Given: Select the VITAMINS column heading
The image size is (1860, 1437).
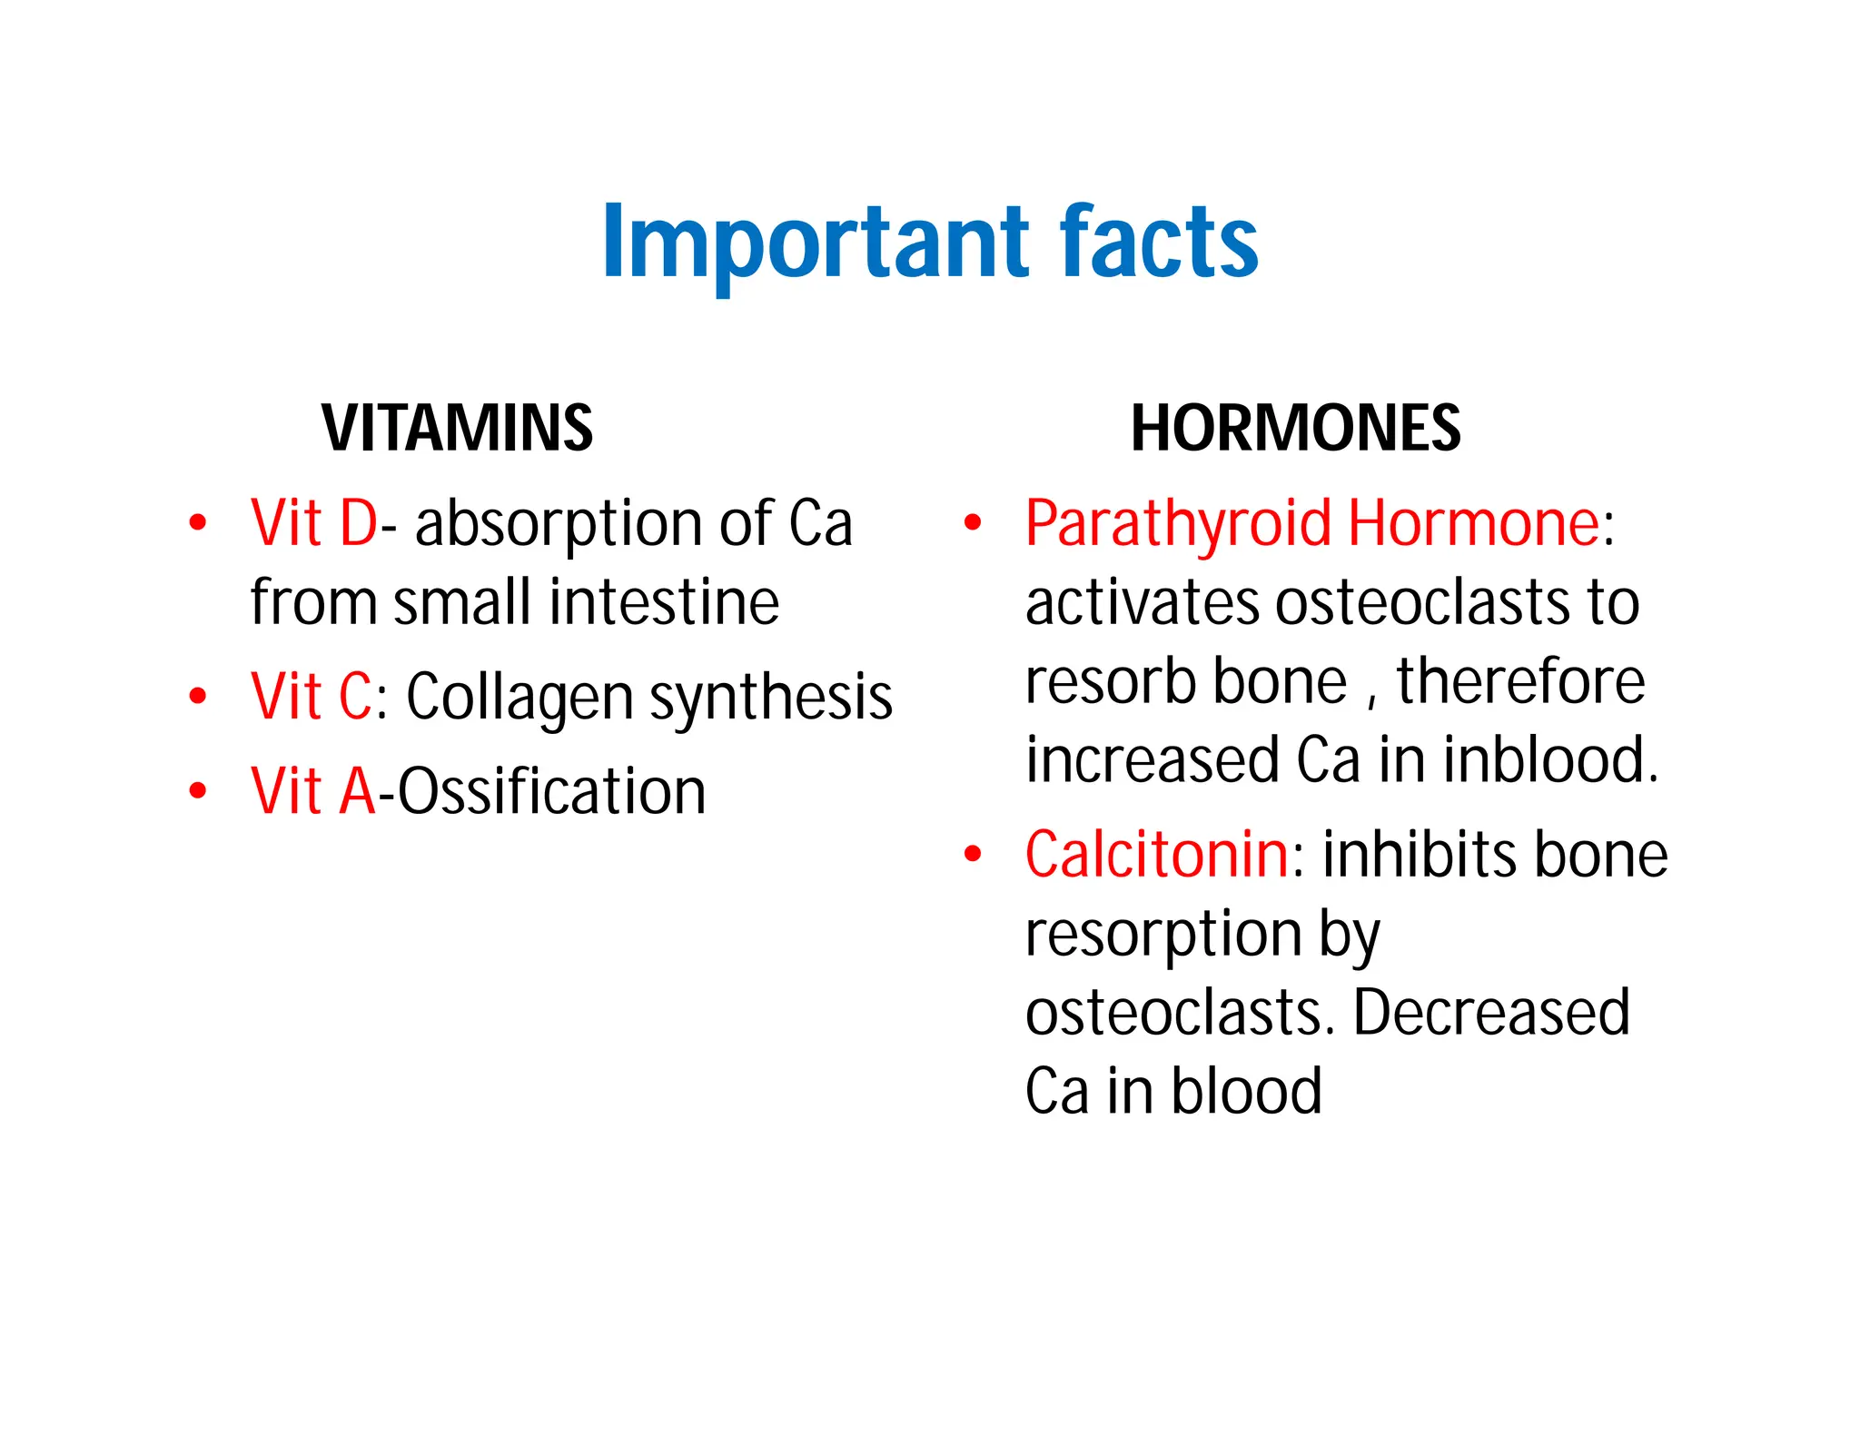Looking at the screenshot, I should pyautogui.click(x=458, y=428).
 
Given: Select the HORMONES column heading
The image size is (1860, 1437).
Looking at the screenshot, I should pyautogui.click(x=1295, y=428).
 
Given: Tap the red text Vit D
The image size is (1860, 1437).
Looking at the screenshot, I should pyautogui.click(x=313, y=524).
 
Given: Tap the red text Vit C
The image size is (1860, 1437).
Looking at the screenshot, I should pyautogui.click(x=311, y=698).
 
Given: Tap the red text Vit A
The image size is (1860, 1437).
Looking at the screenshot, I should pyautogui.click(x=312, y=791).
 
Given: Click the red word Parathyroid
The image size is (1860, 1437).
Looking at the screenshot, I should pyautogui.click(x=1178, y=524).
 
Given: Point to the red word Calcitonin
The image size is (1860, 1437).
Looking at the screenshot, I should pyautogui.click(x=1156, y=856).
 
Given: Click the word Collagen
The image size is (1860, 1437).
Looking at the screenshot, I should pyautogui.click(x=519, y=698).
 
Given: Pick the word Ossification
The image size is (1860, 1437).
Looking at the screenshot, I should pyautogui.click(x=551, y=791).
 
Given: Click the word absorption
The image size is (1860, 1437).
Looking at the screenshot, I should pyautogui.click(x=559, y=524).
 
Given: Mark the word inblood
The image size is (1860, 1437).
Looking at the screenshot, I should pyautogui.click(x=1550, y=759).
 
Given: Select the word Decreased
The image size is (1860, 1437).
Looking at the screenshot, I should pyautogui.click(x=1491, y=1012).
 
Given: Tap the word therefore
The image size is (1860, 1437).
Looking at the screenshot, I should pyautogui.click(x=1520, y=681).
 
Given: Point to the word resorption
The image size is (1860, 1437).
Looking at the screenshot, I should pyautogui.click(x=1163, y=934).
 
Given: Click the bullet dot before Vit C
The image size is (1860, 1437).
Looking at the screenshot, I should pyautogui.click(x=198, y=697).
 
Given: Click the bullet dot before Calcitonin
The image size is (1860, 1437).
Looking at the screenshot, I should pyautogui.click(x=973, y=854).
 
